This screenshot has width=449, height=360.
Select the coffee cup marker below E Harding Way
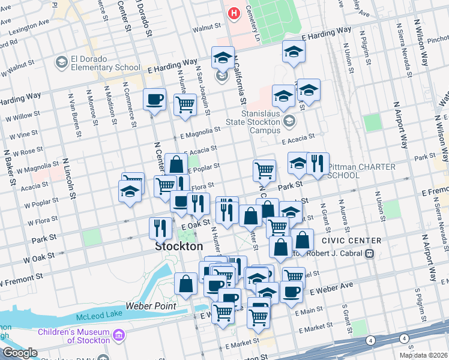(x=154, y=99)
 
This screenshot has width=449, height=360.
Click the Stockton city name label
(x=179, y=247)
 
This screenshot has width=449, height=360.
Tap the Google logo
(x=19, y=353)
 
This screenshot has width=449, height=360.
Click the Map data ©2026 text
(x=423, y=355)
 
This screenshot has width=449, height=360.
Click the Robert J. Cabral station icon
(x=370, y=253)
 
